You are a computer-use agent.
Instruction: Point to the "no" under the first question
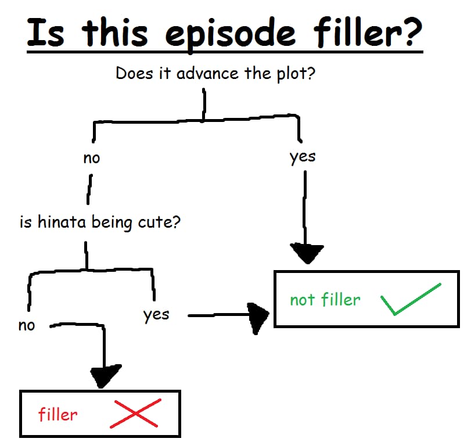pyautogui.click(x=92, y=158)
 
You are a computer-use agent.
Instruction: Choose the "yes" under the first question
pyautogui.click(x=303, y=157)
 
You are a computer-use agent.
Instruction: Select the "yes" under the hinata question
pyautogui.click(x=156, y=315)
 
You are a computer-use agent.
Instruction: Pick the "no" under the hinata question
pyautogui.click(x=27, y=325)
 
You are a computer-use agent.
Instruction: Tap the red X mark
pyautogui.click(x=135, y=414)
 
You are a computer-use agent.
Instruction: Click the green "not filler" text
pyautogui.click(x=325, y=300)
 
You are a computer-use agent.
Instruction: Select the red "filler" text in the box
pyautogui.click(x=58, y=415)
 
